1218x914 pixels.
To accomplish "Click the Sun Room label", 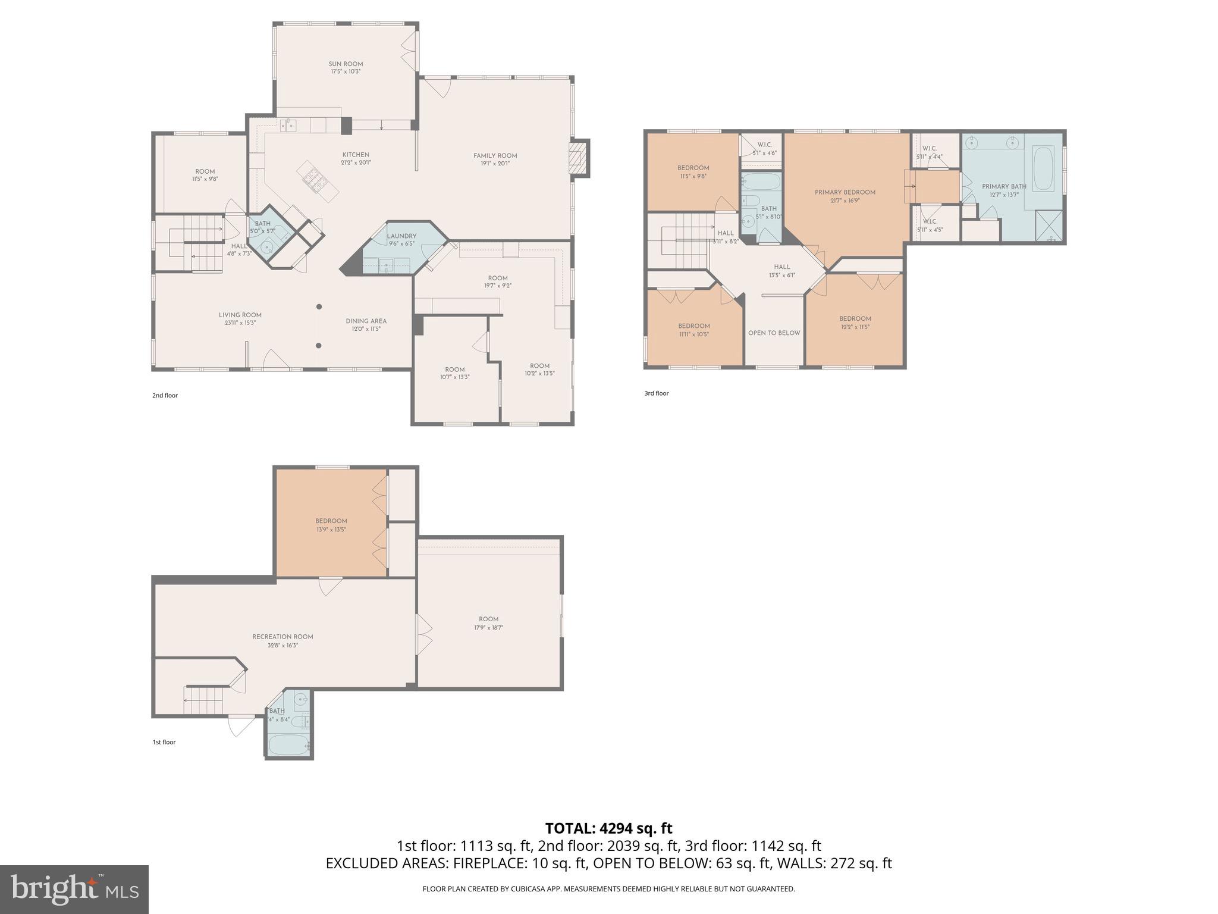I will (346, 64).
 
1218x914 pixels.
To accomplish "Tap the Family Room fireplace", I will (578, 158).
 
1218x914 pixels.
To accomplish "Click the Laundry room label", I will (401, 236).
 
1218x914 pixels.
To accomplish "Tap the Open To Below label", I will (774, 333).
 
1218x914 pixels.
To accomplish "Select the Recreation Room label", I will (282, 637).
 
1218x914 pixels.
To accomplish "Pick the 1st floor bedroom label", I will (331, 521).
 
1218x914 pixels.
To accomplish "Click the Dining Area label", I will (366, 321).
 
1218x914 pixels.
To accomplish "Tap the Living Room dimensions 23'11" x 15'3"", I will (240, 323).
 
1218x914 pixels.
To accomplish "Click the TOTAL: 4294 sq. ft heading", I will (608, 828).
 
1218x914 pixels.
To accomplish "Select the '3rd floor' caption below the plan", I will (657, 393).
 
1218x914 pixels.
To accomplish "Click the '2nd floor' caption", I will (165, 396).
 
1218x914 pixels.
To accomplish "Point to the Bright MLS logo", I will (74, 890).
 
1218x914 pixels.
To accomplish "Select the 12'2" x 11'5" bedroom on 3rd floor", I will (855, 323).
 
